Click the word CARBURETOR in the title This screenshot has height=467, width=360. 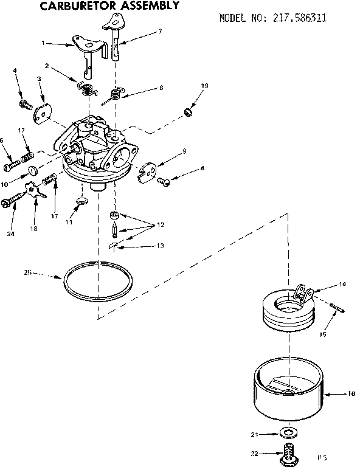click(76, 7)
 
